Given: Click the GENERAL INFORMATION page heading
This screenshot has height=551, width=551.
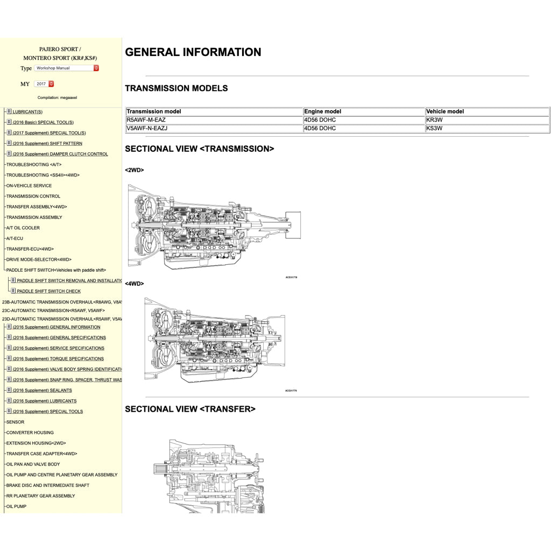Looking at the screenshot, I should click(193, 52).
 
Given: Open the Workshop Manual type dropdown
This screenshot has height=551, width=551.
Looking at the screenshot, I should click(67, 68).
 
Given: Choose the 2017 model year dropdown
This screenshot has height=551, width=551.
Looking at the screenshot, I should click(44, 84).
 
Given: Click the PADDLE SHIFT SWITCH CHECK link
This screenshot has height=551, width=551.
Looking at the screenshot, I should click(48, 291).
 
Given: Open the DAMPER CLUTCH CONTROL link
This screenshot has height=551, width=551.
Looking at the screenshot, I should click(60, 154).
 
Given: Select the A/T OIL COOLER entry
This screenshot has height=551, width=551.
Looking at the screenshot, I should click(23, 228).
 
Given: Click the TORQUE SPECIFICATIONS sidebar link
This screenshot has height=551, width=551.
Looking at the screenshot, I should click(58, 359).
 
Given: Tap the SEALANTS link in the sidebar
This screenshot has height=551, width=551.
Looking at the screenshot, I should click(42, 391).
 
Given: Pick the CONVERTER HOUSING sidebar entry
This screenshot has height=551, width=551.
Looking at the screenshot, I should click(30, 433).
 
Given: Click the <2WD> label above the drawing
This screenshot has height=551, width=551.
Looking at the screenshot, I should click(134, 170).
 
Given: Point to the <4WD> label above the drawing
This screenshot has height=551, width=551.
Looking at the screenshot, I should click(134, 284).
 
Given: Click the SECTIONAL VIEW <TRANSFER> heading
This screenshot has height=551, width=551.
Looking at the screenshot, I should click(190, 409).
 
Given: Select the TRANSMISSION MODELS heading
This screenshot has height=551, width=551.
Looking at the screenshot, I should click(176, 88).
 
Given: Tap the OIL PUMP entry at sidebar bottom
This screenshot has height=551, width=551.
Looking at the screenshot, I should click(16, 506).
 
